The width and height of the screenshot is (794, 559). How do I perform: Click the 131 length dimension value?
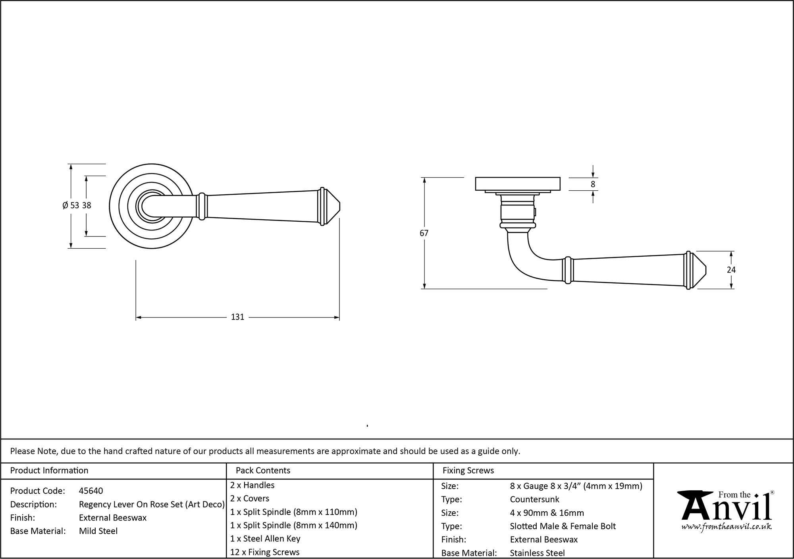[237, 317]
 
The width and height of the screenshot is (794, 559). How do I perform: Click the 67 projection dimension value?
[424, 233]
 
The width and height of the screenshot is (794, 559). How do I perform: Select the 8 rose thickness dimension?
[593, 184]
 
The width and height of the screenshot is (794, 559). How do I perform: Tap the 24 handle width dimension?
[731, 270]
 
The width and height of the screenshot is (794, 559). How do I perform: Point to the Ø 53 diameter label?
[71, 205]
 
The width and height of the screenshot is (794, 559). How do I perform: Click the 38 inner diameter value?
[87, 205]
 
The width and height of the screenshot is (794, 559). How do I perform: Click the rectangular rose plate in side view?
[518, 184]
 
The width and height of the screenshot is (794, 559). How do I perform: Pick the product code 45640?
[91, 491]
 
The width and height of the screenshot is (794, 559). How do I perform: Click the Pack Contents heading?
[263, 470]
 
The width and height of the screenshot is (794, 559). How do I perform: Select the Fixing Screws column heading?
[468, 470]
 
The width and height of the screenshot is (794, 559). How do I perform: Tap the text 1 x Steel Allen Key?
[265, 539]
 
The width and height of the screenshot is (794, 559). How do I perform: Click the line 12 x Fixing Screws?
[265, 552]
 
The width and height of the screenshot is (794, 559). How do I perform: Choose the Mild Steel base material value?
[98, 531]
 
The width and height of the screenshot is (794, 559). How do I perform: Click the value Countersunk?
[534, 499]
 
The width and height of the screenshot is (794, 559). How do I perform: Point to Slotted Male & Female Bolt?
[563, 526]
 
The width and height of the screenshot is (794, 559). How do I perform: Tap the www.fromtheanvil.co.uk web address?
[727, 527]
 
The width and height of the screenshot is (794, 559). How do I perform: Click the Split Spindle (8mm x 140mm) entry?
[294, 525]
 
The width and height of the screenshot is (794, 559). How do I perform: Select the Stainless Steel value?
[537, 553]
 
